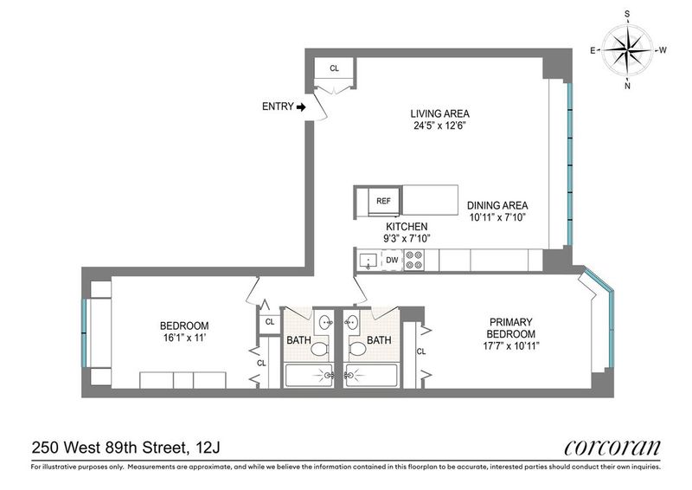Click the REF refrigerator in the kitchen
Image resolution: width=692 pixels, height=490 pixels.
pos(383,201)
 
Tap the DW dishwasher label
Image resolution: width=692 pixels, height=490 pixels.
pos(392,261)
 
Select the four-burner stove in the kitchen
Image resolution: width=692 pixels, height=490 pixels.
pos(414,261)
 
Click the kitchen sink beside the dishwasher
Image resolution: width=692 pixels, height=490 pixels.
pos(367,261)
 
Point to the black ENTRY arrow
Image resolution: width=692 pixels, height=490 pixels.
pos(301,107)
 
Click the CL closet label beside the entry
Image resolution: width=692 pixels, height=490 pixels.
pos(334,68)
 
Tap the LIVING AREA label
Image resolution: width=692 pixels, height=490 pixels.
pos(440,113)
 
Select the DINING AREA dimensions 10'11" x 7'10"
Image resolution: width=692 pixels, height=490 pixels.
pos(497,217)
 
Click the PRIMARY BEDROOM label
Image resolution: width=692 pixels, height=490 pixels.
pos(510,328)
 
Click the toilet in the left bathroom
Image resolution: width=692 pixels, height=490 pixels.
pos(319,348)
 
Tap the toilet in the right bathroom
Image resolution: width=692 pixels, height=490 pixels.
pos(357,348)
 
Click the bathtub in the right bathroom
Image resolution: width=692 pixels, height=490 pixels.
pos(372,376)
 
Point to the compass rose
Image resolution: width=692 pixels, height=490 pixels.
pos(627,50)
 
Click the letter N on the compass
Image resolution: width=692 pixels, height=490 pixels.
pos(628,86)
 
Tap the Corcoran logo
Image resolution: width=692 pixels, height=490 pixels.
pos(612,448)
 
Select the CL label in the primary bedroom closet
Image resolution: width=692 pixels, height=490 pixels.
pos(421,351)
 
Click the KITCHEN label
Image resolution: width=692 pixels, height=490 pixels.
pos(407,227)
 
